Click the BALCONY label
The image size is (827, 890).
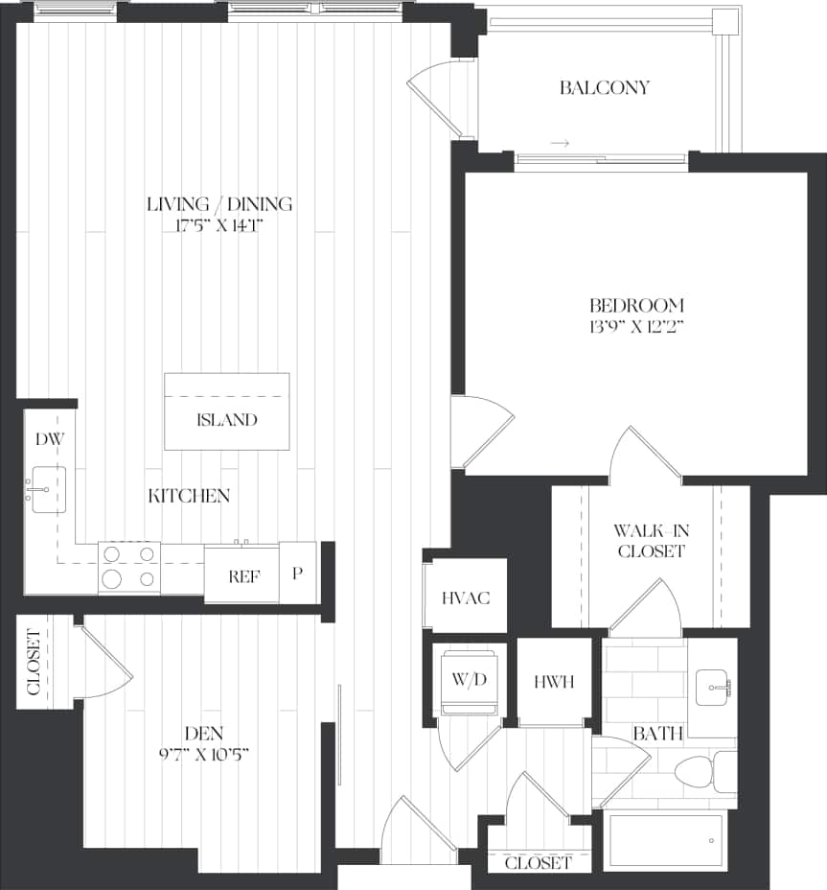604,87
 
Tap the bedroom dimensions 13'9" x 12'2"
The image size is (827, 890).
639,326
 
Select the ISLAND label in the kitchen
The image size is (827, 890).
227,420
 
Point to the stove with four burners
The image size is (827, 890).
128,566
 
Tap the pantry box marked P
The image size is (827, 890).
298,574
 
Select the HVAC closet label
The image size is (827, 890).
467,598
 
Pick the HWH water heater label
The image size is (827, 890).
554,683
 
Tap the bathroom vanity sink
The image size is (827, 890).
711,686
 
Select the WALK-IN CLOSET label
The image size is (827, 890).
651,541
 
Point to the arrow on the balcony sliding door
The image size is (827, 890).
561,144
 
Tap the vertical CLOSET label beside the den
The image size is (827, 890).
32,662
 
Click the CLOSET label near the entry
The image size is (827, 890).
538,863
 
